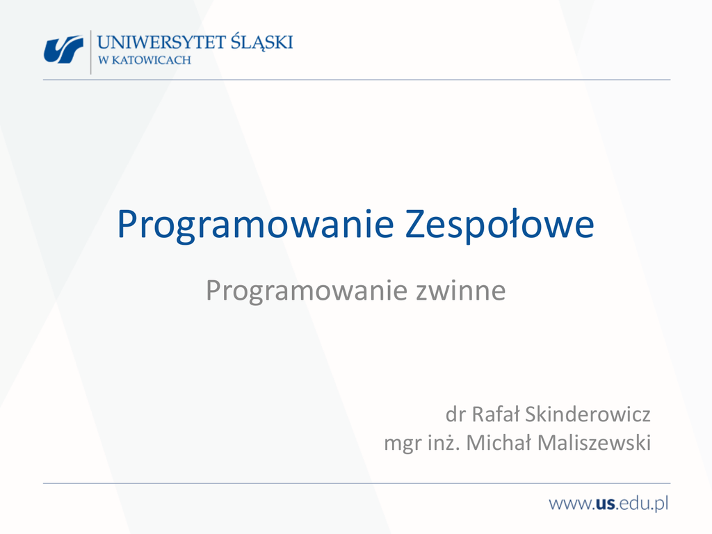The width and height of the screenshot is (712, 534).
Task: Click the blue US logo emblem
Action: (63, 49)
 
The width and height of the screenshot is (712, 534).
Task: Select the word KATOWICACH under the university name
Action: (152, 60)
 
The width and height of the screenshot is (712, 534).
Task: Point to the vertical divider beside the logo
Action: (91, 51)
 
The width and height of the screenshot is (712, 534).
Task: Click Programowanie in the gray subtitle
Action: (307, 291)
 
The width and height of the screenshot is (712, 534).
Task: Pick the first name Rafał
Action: (495, 414)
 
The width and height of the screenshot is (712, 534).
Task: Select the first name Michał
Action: (499, 443)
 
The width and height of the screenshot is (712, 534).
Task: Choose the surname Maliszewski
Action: (594, 443)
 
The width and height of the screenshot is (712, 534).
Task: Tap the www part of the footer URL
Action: (569, 504)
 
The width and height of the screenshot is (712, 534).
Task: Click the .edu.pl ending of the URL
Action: (642, 503)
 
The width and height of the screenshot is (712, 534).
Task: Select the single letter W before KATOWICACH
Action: (103, 60)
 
